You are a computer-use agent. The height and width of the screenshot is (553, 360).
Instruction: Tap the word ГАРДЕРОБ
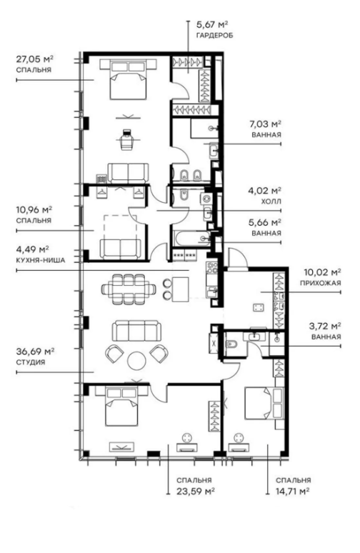[207, 34]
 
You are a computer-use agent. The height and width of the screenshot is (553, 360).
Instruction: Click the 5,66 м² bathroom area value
[265, 222]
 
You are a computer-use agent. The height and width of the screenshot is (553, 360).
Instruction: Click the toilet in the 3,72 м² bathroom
[230, 344]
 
